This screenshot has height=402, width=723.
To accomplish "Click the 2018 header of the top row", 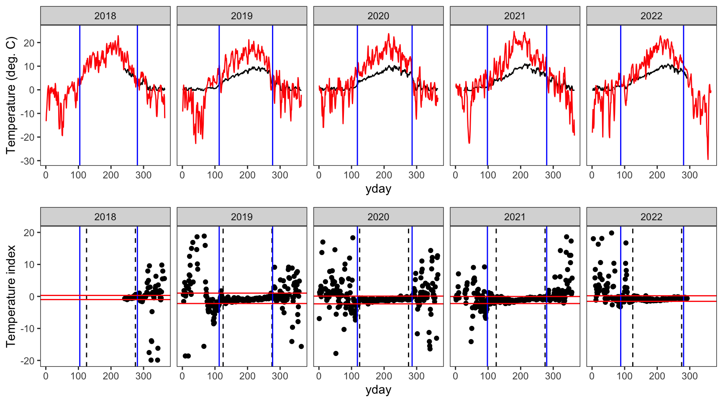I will (x=105, y=16).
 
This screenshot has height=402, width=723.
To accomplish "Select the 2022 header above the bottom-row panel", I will (x=651, y=217).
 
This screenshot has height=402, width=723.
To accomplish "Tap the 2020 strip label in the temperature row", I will (x=378, y=16).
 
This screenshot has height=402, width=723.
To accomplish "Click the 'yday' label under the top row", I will (x=378, y=189).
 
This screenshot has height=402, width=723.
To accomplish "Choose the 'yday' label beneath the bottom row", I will (x=378, y=390).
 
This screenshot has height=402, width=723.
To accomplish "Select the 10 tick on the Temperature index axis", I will (x=32, y=265).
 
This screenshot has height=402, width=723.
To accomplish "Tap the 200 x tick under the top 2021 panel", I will (x=520, y=175).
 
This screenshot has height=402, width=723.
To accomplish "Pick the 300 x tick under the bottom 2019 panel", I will (x=280, y=376).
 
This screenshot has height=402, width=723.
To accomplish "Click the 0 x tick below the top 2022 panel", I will (x=592, y=175).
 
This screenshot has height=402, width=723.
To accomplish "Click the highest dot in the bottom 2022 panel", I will (x=611, y=233).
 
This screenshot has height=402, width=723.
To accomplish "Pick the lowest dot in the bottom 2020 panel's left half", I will (x=336, y=353).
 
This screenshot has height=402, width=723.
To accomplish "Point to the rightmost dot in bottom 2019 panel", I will (x=301, y=346).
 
